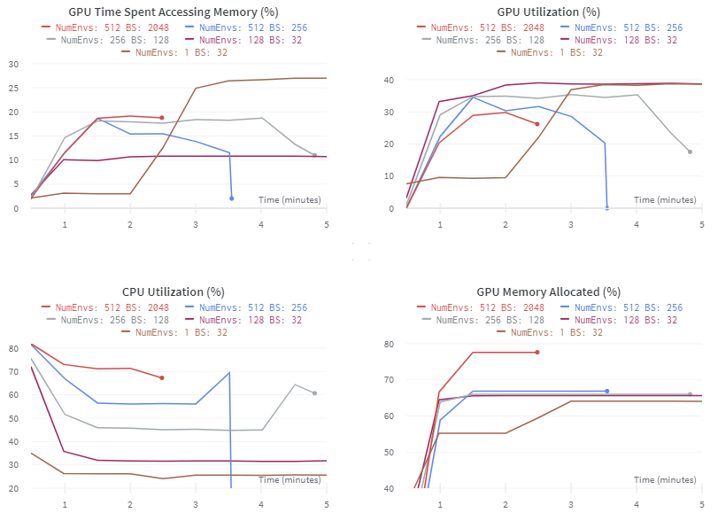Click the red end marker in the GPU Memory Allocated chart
click(x=537, y=353)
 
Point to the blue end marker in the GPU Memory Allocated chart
click(x=607, y=391)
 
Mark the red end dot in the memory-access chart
click(x=162, y=118)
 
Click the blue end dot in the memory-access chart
click(x=232, y=198)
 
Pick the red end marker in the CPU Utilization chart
click(x=162, y=378)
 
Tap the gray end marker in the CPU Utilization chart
click(x=315, y=393)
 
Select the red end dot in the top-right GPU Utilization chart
click(x=537, y=124)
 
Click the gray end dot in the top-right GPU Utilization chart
click(x=690, y=152)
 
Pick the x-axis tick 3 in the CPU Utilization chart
click(x=195, y=504)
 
